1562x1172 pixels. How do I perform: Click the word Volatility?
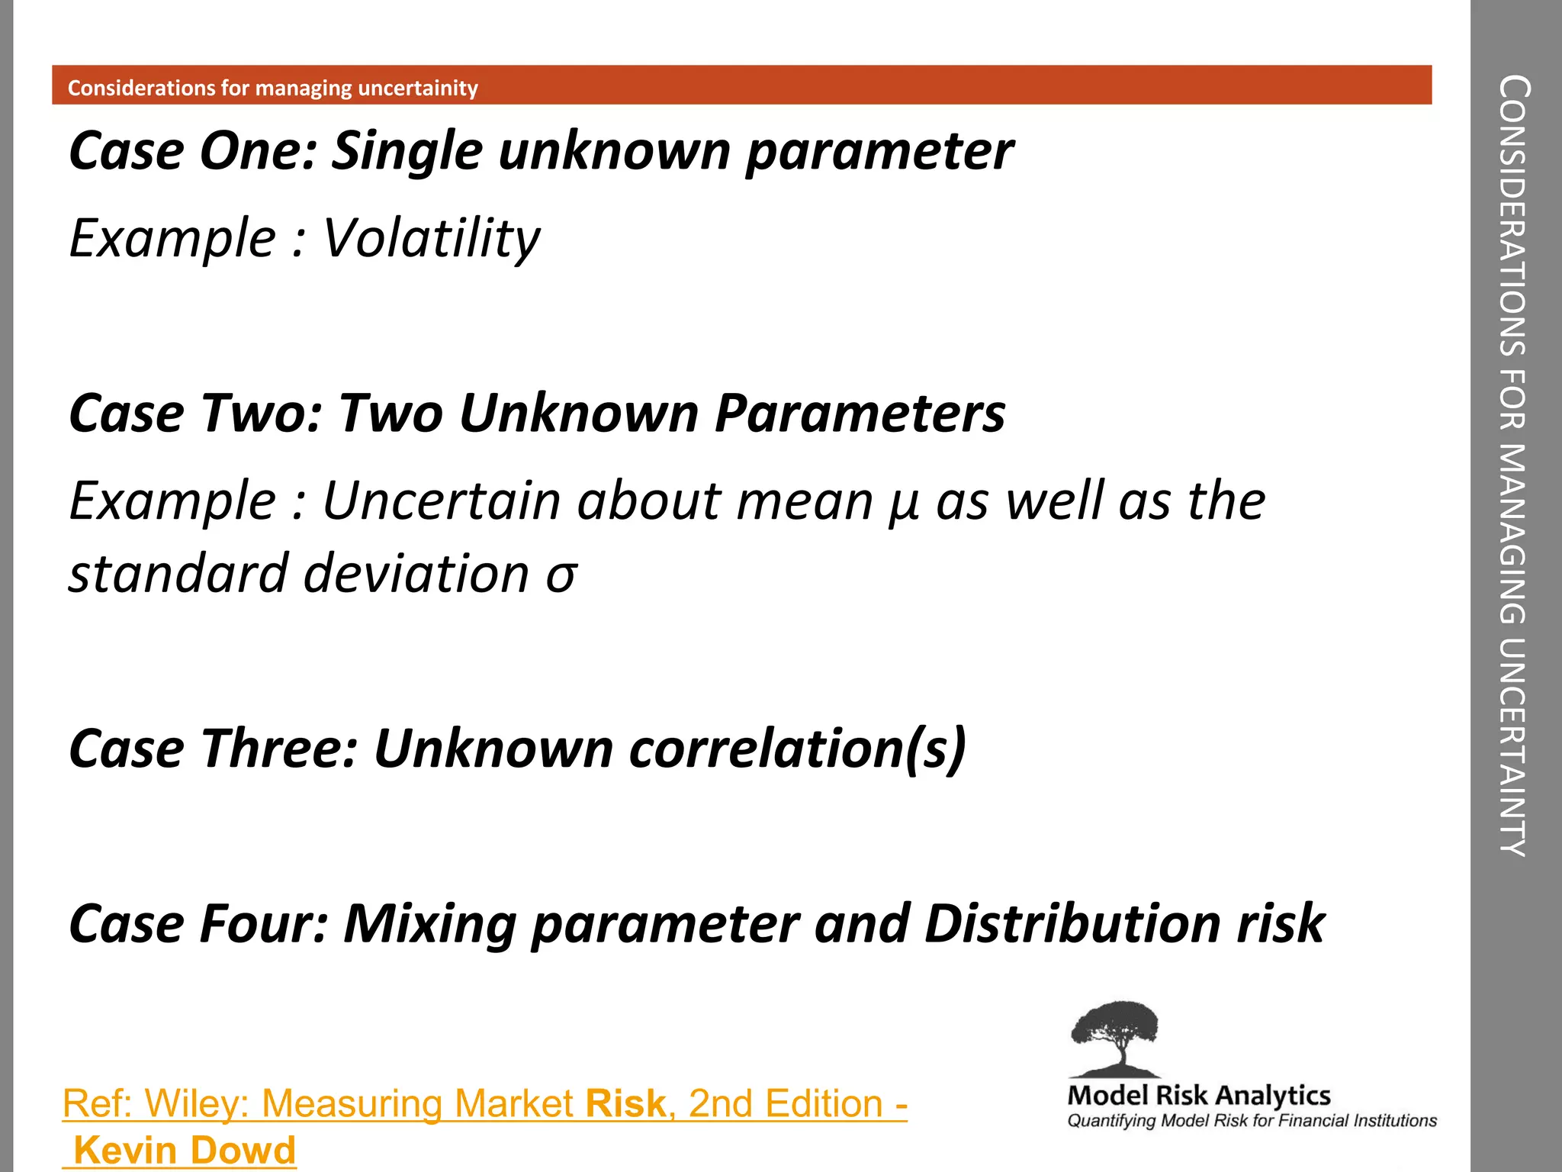pos(431,238)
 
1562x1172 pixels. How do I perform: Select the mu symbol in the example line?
pos(903,504)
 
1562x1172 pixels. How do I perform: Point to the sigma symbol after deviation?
pos(561,575)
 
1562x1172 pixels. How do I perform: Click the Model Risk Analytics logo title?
pos(1198,1095)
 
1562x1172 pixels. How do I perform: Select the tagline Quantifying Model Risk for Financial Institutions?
pos(1251,1121)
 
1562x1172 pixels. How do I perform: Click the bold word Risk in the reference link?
pos(625,1103)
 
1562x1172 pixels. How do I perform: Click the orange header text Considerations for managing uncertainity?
pos(272,88)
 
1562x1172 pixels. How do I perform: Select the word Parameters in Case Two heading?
pos(860,413)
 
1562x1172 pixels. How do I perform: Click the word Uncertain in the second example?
pos(442,501)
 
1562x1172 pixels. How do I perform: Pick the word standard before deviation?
pos(178,573)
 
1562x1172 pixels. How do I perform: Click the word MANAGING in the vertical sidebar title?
pos(1512,534)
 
